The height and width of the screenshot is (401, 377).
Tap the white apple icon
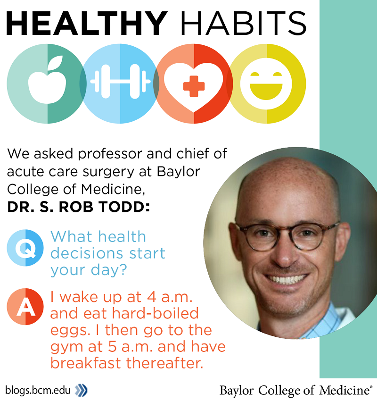click(47, 80)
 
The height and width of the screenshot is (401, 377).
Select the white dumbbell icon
click(120, 81)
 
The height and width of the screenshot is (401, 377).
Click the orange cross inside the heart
click(194, 86)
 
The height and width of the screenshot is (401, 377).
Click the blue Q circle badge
click(25, 248)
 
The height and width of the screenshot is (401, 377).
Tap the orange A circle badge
click(25, 306)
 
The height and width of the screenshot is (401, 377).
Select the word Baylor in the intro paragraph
click(178, 172)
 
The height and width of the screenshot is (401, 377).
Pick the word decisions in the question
click(88, 253)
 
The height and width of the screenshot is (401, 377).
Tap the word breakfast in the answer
click(86, 363)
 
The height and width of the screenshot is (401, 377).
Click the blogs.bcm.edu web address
click(38, 391)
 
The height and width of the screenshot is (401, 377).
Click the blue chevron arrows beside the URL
click(81, 390)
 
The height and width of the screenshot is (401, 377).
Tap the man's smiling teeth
click(286, 279)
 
